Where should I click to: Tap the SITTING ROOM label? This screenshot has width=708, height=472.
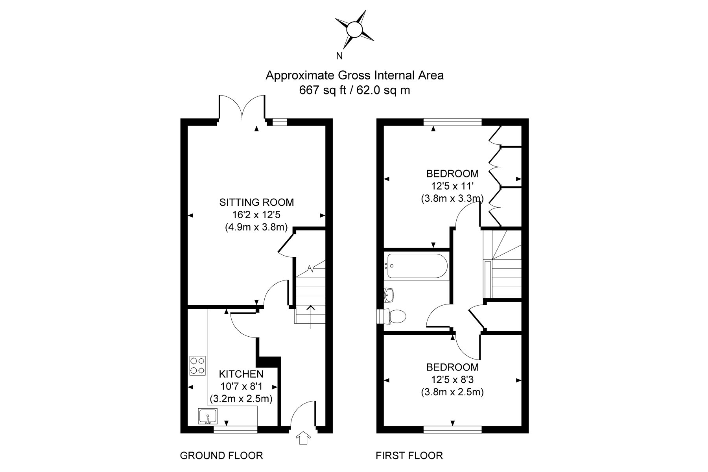(x=256, y=203)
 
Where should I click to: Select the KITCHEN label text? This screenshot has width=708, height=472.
(x=241, y=374)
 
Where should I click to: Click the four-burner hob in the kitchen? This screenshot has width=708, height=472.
(x=197, y=365)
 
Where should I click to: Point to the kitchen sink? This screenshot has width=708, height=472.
(x=208, y=417)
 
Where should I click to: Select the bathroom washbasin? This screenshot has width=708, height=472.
(x=389, y=295)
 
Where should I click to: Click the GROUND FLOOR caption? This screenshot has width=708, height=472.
(x=221, y=456)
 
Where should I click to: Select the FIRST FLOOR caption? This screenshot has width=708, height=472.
(x=409, y=456)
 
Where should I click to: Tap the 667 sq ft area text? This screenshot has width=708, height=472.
(x=323, y=90)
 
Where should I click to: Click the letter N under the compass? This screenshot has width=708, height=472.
(x=339, y=56)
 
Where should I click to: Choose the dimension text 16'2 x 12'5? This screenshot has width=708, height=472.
(x=256, y=215)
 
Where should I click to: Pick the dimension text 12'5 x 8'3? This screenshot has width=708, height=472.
(x=452, y=380)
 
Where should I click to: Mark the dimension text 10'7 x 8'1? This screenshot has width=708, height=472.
(x=241, y=386)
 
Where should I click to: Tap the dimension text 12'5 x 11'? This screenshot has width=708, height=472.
(x=452, y=186)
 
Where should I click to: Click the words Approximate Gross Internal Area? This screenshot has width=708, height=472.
(x=354, y=75)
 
